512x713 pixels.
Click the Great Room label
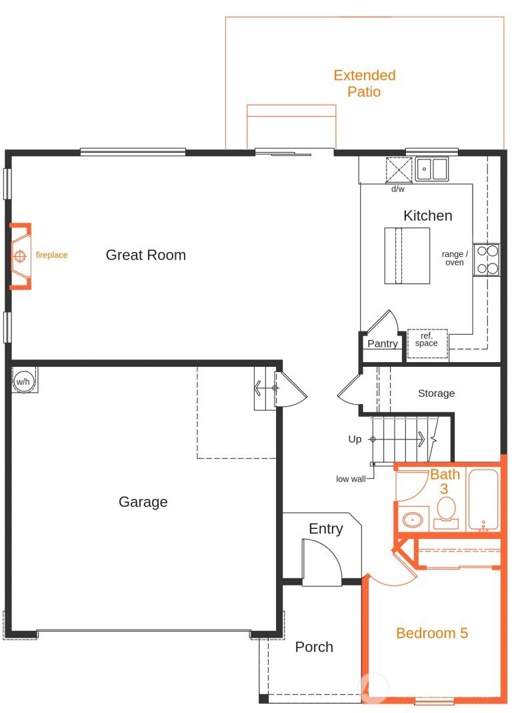tap(145, 255)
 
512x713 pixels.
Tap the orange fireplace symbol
tap(20, 255)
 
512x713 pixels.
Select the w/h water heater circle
tap(23, 382)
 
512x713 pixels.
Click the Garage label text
tap(143, 502)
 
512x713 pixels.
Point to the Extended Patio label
tap(364, 83)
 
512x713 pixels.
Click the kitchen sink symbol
tap(431, 169)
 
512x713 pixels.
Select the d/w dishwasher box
tap(399, 169)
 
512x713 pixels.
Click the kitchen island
tap(407, 255)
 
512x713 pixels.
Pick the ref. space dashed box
tap(427, 341)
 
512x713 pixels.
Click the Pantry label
tap(383, 344)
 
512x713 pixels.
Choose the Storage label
tap(436, 394)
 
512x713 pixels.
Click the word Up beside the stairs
tap(355, 440)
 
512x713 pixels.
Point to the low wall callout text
tap(351, 479)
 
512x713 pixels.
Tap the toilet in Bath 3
tap(445, 512)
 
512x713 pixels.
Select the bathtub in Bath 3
tap(483, 500)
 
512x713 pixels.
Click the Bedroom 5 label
tap(431, 633)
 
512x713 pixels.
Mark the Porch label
tap(314, 647)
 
